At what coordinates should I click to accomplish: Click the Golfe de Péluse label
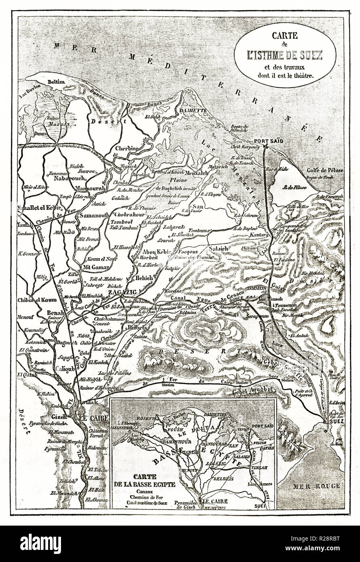(327, 170)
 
